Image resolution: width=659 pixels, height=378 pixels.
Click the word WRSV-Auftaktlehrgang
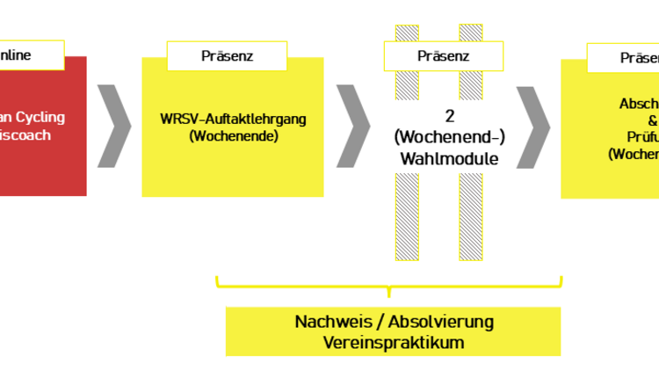(x=233, y=118)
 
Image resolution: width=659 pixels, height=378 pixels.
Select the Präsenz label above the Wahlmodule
(x=443, y=55)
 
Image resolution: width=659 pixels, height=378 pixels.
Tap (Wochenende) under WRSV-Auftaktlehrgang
(x=233, y=137)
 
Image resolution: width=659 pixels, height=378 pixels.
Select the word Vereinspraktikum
(x=393, y=342)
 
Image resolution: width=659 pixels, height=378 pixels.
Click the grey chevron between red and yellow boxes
(x=114, y=126)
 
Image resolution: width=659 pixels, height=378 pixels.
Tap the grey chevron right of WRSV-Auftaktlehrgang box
(x=353, y=126)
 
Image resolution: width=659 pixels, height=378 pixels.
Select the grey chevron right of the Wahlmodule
(x=532, y=126)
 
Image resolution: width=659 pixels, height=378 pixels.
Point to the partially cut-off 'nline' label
(x=16, y=55)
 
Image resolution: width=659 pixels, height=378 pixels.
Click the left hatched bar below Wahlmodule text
(x=407, y=215)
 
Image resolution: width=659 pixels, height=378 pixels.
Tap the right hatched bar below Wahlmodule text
(x=470, y=215)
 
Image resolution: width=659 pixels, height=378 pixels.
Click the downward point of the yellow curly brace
(x=388, y=294)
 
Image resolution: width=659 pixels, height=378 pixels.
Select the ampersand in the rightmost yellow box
(x=652, y=120)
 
